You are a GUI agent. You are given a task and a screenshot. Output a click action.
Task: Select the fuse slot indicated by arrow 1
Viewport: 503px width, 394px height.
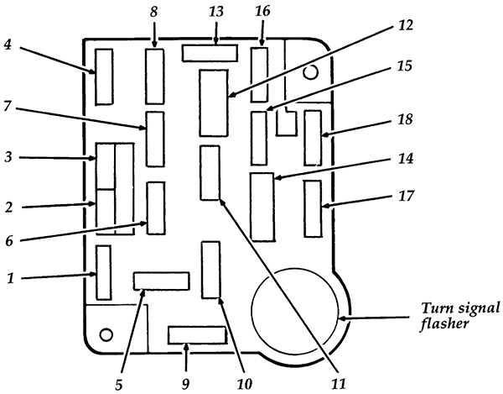coord(104,272)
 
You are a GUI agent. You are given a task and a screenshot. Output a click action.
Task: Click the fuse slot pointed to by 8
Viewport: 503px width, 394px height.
coord(155,76)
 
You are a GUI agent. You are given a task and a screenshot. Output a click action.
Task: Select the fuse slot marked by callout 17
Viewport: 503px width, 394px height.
coord(313,208)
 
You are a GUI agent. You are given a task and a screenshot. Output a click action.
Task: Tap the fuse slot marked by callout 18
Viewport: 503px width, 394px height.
coord(313,137)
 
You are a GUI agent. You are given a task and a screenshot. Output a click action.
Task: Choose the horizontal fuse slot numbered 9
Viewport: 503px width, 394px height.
coord(197,336)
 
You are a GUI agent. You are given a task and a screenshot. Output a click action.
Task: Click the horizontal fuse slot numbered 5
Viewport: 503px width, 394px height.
coord(162,281)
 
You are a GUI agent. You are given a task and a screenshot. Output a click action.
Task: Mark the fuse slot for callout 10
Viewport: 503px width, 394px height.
coord(210,269)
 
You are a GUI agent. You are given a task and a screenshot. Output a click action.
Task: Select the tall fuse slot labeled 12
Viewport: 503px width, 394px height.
coord(214,103)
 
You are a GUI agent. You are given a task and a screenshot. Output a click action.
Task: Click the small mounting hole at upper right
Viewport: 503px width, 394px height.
coord(310,73)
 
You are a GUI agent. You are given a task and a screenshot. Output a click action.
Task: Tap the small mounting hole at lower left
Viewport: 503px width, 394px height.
coord(106,335)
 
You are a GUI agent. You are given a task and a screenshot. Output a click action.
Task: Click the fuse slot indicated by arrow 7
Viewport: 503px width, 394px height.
coord(155,139)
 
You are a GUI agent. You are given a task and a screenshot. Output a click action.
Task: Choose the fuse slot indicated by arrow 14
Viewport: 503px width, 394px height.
coord(262,207)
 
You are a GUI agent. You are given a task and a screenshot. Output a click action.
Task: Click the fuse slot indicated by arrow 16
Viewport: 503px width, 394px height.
coord(259,75)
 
